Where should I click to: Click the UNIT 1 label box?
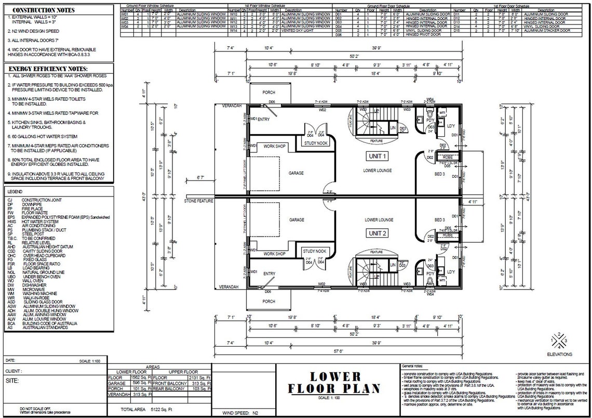pos(378,156)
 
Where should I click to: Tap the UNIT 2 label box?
pos(378,233)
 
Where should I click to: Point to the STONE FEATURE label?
pos(198,201)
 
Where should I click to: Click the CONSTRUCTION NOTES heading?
pos(43,10)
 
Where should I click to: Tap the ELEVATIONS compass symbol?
pos(559,340)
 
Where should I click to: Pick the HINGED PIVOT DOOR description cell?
pos(420,35)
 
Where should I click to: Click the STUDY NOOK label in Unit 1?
pos(315,143)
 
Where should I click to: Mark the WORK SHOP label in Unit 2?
pos(274,254)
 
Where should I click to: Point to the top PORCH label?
pos(268,93)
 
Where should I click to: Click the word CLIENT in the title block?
pos(14,371)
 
